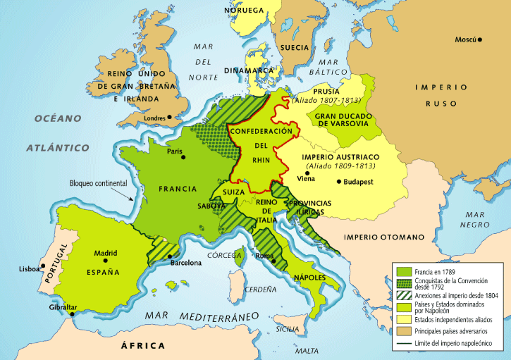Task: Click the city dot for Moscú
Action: pos(480,40)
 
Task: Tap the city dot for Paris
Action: pos(183,157)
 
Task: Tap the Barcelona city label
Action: pos(186,263)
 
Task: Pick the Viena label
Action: pos(306,179)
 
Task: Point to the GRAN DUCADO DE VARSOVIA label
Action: pos(343,119)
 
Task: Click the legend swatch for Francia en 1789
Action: pos(403,271)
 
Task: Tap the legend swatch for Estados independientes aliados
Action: pos(403,318)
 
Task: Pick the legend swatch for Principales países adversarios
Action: pos(403,330)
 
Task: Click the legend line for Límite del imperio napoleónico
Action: pos(403,342)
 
